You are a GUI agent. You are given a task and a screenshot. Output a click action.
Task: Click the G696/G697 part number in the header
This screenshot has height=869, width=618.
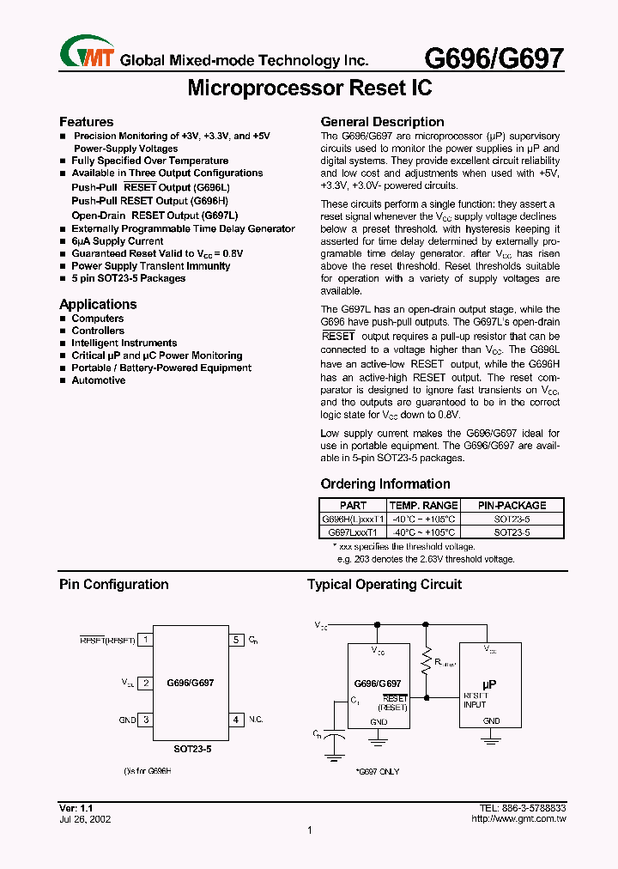pos(494,58)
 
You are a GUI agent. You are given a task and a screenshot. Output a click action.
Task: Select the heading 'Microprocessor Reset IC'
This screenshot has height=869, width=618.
pos(309,88)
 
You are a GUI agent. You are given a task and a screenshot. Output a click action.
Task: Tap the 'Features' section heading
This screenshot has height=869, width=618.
pos(86,122)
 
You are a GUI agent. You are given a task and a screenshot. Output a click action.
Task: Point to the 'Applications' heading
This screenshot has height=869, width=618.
pos(98,305)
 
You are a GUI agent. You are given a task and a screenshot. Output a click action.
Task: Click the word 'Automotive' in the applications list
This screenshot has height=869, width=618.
pos(98,380)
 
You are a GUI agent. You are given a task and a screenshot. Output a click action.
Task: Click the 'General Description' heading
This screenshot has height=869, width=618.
pos(382,122)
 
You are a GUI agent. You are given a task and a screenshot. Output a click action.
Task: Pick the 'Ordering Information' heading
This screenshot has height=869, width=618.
pos(385,484)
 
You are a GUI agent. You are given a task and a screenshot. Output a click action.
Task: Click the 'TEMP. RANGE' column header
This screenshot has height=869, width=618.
pos(423,506)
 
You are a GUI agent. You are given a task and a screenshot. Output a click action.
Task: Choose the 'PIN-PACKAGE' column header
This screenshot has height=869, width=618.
pos(512,506)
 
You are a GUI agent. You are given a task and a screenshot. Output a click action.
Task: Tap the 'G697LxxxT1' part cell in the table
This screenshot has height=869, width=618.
pos(351,532)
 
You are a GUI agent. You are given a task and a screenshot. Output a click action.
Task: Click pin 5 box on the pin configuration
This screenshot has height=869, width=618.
pos(236,640)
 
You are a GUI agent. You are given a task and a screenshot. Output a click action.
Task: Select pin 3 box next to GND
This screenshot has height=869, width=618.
pos(147,720)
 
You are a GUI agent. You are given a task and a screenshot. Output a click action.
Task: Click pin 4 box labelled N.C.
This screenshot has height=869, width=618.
pos(236,720)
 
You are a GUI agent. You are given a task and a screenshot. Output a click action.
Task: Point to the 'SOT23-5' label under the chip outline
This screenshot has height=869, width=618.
pos(191,749)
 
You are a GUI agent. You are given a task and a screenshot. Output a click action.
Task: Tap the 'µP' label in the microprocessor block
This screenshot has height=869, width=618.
pos(490,684)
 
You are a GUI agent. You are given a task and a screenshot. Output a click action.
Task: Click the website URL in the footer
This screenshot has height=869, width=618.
pos(518,819)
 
